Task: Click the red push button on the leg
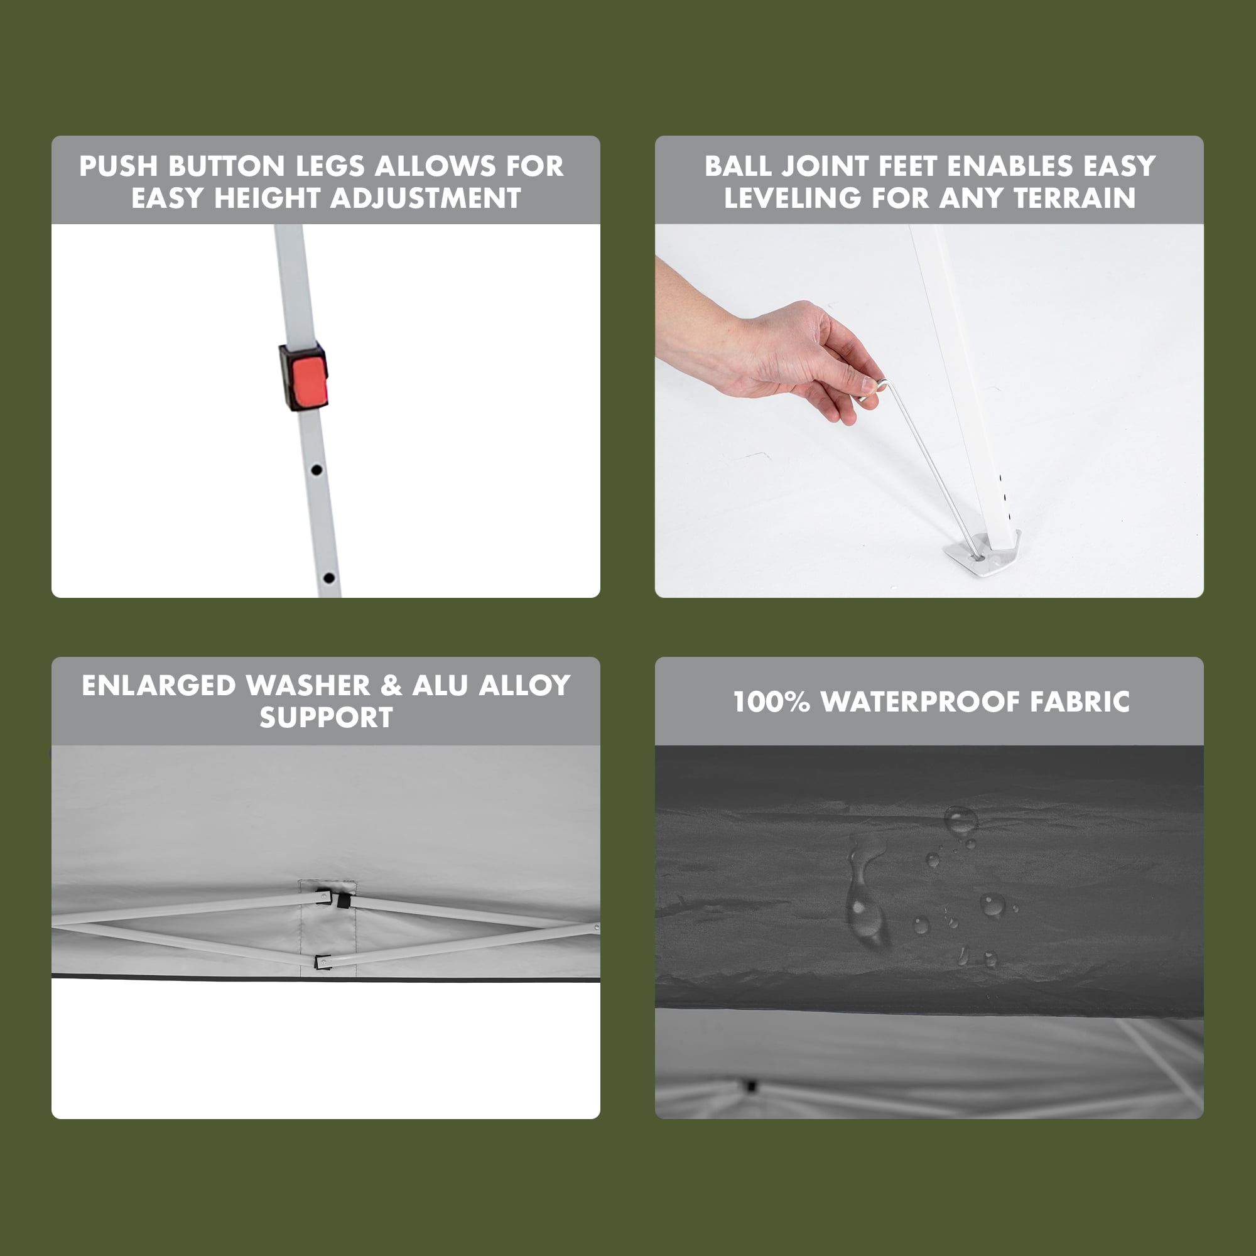coord(308,381)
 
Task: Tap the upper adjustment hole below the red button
coord(317,468)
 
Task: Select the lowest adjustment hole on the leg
coord(329,577)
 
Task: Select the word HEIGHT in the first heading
coord(272,198)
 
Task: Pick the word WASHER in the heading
coord(308,686)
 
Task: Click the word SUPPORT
coord(327,718)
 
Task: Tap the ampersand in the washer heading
coord(391,686)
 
